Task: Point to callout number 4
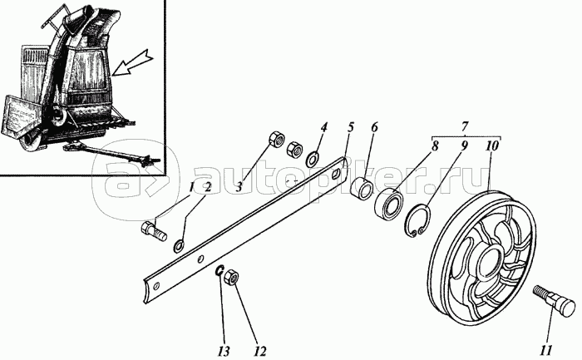324,127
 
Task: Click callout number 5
351,127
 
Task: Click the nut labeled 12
233,277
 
